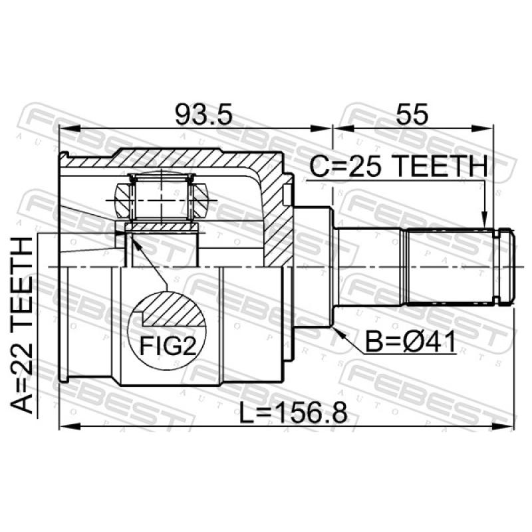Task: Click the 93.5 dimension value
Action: tap(203, 114)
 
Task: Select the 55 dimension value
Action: tap(412, 114)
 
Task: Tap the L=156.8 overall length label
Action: tap(293, 412)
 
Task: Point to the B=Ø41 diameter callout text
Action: tap(410, 342)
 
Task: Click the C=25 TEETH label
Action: tap(398, 166)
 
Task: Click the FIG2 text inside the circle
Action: tap(168, 346)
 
